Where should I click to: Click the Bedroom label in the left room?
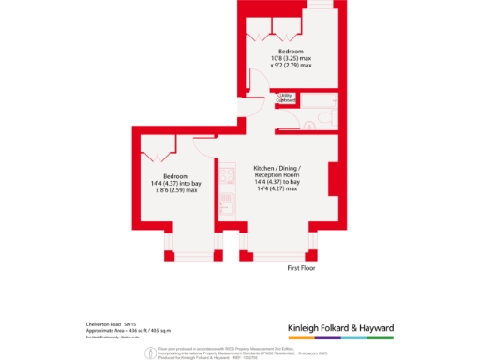click(175, 176)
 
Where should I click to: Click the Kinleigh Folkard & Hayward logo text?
click(339, 328)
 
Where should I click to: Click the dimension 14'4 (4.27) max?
click(277, 189)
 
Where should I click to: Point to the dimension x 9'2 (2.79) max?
click(290, 66)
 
